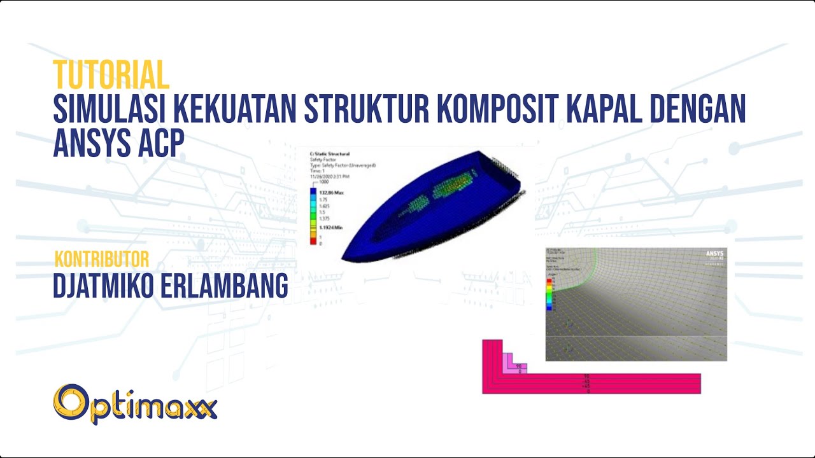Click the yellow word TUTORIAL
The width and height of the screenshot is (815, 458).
[111, 74]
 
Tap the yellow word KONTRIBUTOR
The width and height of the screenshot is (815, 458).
[102, 259]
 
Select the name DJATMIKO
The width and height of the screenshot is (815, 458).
[108, 286]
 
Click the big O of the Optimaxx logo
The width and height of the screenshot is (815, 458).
[71, 404]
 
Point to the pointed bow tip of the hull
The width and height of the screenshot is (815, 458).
[344, 258]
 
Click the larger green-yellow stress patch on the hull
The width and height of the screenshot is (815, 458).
[455, 185]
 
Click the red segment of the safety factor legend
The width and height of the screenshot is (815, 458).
[313, 240]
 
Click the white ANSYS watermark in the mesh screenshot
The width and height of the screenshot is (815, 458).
[714, 254]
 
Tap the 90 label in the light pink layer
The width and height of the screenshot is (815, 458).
[518, 366]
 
